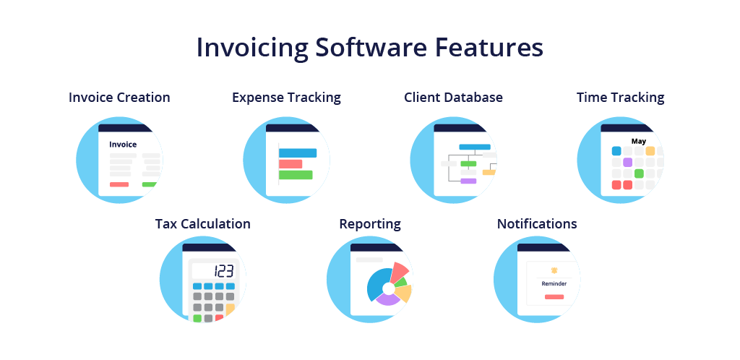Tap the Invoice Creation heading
pyautogui.click(x=119, y=97)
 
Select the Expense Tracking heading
pyautogui.click(x=286, y=98)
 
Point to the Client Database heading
pyautogui.click(x=454, y=97)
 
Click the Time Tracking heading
pyautogui.click(x=621, y=98)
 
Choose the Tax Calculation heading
pyautogui.click(x=203, y=223)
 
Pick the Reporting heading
pyautogui.click(x=370, y=224)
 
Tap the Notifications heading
pyautogui.click(x=537, y=223)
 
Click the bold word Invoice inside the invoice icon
pyautogui.click(x=123, y=145)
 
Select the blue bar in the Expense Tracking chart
pyautogui.click(x=297, y=153)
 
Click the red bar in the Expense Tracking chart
pyautogui.click(x=291, y=163)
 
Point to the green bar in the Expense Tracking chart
pyautogui.click(x=296, y=174)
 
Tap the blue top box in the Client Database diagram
pyautogui.click(x=475, y=147)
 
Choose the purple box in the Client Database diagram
pyautogui.click(x=468, y=181)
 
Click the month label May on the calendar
pyautogui.click(x=639, y=141)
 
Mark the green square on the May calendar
pyautogui.click(x=639, y=173)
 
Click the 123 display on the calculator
pyautogui.click(x=224, y=271)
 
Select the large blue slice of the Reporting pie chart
pyautogui.click(x=379, y=284)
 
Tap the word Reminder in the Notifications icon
pyautogui.click(x=554, y=283)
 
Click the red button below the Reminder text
pyautogui.click(x=554, y=297)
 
